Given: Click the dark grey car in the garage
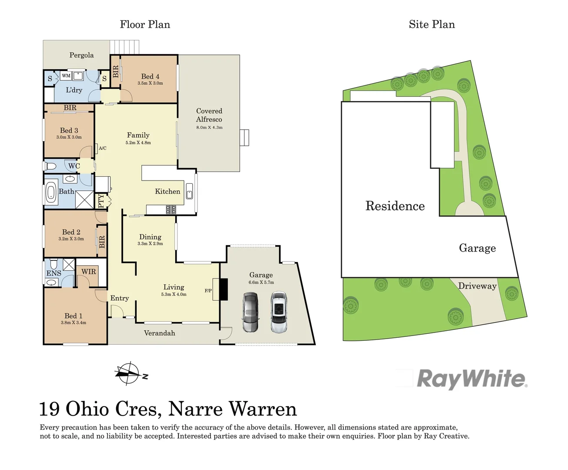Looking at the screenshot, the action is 251,312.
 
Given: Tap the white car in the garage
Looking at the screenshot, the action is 279,312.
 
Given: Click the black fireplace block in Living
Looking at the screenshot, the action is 224,289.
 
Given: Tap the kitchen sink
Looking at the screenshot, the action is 189,191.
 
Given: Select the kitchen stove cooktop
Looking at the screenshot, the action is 171,209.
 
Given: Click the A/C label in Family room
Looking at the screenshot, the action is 103,148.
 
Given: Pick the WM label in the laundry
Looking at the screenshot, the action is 66,76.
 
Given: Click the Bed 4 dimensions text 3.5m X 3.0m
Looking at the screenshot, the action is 150,83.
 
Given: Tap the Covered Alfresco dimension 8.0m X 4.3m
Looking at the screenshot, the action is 209,128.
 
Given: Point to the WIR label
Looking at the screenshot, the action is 89,272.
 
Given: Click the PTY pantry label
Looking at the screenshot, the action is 101,201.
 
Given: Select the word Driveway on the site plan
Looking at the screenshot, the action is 478,286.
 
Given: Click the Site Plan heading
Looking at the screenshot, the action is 432,24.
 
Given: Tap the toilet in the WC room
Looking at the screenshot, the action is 50,166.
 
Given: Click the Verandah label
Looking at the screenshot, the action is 160,333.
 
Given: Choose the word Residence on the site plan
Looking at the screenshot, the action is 395,206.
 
